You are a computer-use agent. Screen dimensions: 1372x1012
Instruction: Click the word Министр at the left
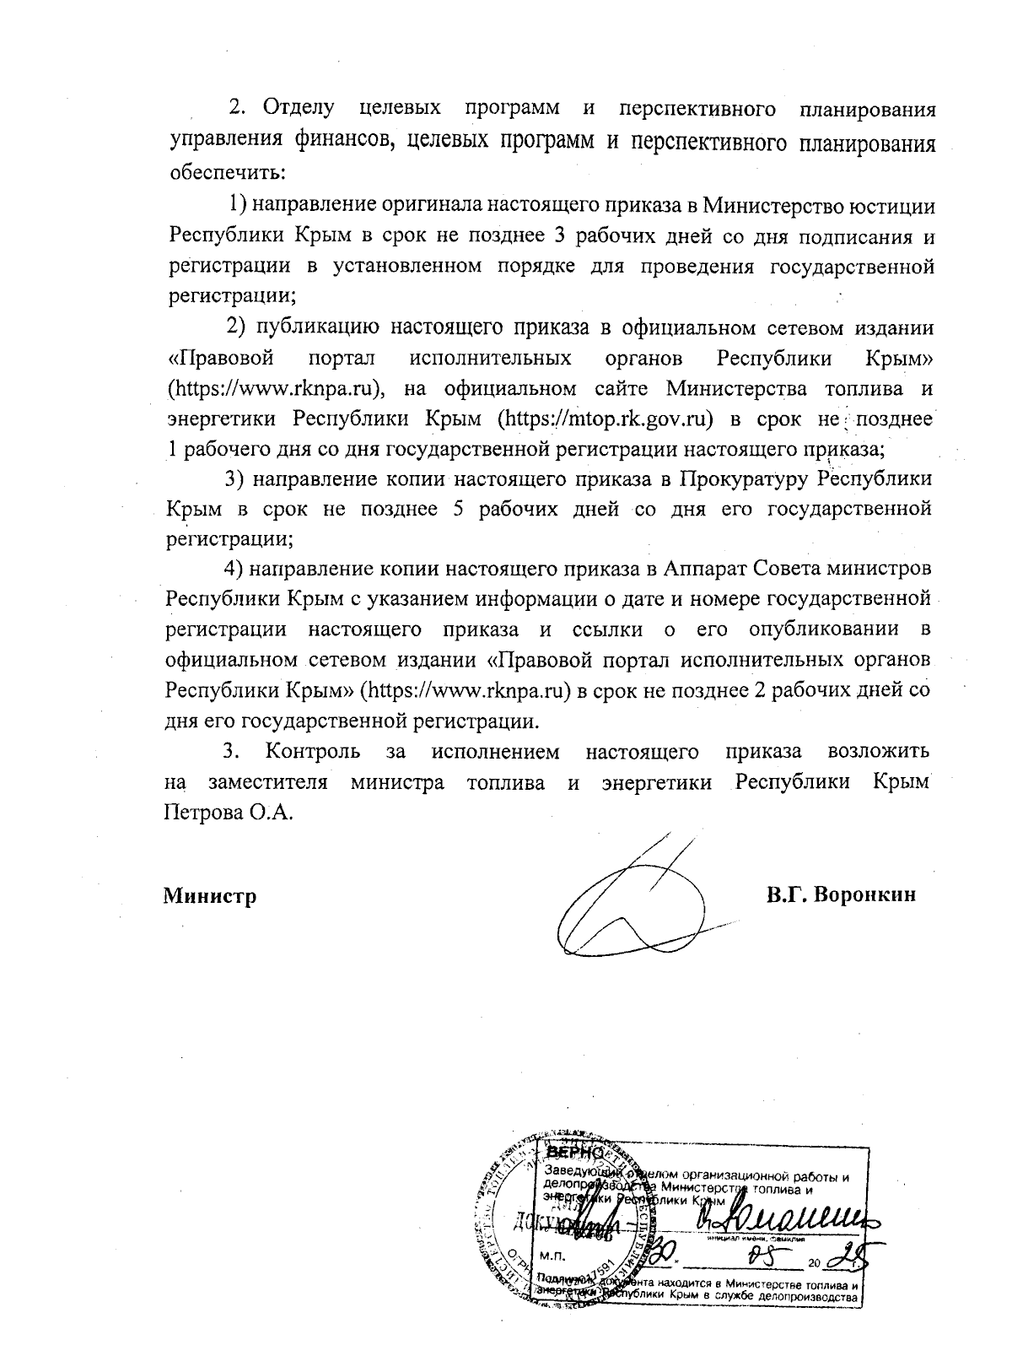210,896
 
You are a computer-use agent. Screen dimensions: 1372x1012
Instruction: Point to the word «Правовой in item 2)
221,358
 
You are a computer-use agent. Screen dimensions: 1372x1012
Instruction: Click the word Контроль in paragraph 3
313,750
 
